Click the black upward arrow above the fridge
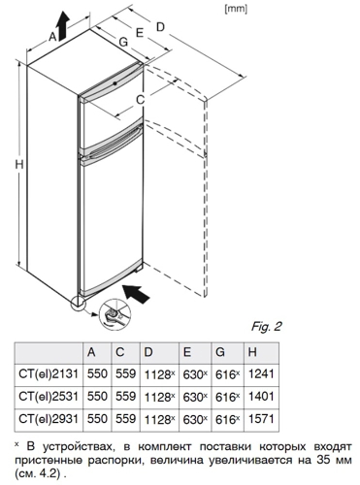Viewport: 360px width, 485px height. click(x=63, y=24)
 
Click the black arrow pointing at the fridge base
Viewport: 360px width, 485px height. click(x=137, y=294)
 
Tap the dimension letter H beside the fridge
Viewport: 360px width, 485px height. click(x=19, y=165)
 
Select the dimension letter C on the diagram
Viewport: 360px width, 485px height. click(x=140, y=100)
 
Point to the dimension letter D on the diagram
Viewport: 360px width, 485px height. click(x=160, y=27)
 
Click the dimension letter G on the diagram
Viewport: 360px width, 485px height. click(x=123, y=42)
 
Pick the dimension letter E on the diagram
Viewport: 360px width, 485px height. click(x=140, y=33)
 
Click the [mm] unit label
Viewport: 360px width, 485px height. click(x=236, y=10)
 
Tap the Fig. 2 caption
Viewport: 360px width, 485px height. click(x=266, y=326)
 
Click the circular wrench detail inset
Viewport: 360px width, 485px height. click(x=115, y=315)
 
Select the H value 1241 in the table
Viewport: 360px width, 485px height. click(x=261, y=374)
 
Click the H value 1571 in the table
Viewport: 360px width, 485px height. click(x=261, y=419)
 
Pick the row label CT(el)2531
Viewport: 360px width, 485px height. click(x=49, y=397)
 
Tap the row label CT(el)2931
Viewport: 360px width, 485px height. click(x=49, y=419)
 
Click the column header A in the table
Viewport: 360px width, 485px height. click(x=91, y=352)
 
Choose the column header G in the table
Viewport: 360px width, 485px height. click(x=220, y=352)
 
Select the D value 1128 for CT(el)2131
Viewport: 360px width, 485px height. click(x=157, y=374)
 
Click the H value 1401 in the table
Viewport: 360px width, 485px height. click(x=261, y=397)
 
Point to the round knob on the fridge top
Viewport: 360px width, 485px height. click(x=115, y=83)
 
